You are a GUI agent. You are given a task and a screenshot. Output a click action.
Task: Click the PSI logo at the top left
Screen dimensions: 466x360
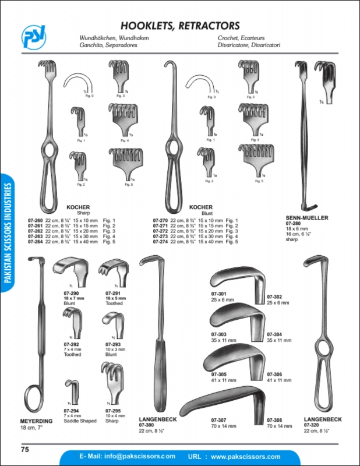point(34,37)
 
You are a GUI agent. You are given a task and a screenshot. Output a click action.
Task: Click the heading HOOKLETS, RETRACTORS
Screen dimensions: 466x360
point(179,26)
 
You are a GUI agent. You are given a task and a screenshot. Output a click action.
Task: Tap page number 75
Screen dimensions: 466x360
point(25,449)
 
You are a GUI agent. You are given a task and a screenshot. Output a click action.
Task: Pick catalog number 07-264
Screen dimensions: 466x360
point(36,241)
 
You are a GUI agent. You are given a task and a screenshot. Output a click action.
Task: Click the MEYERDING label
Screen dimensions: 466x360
point(37,421)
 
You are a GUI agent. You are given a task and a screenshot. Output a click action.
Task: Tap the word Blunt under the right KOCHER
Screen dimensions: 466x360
point(204,213)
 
